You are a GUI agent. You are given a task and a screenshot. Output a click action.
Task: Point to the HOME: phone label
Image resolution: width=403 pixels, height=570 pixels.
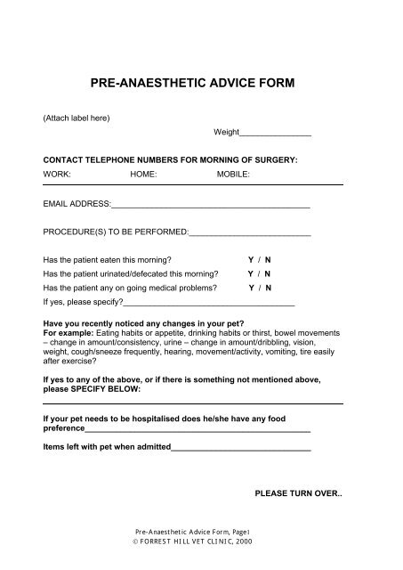point(143,175)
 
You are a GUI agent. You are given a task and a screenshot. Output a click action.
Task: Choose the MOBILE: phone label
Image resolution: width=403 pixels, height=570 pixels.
point(234,175)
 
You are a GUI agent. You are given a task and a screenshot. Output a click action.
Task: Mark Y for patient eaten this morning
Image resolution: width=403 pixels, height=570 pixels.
point(250,259)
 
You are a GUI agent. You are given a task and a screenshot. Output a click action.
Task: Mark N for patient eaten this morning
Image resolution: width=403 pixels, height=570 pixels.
point(268,259)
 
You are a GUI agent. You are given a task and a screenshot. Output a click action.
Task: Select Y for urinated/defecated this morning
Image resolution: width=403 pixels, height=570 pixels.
point(250,273)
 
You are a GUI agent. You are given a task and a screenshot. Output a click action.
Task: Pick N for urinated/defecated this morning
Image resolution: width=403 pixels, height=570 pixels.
point(268,273)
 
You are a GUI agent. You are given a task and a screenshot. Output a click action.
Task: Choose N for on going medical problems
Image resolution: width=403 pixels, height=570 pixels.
point(269,288)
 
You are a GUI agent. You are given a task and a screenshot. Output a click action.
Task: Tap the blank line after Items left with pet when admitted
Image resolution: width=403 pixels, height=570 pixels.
point(240,448)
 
